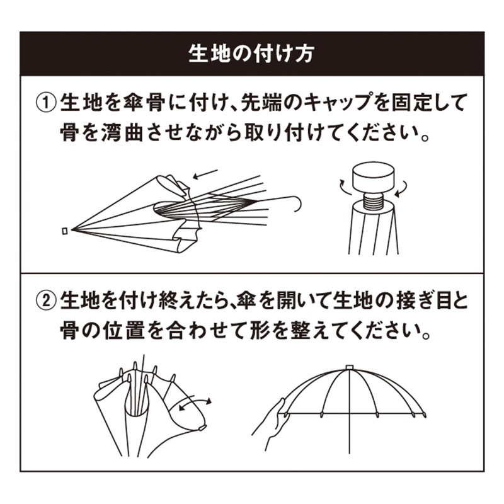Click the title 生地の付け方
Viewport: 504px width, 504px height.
click(251, 54)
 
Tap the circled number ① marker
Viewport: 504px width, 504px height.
click(46, 103)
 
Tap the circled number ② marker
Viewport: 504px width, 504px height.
click(46, 301)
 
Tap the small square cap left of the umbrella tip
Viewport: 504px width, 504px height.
click(65, 231)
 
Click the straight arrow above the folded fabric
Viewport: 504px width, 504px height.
click(205, 175)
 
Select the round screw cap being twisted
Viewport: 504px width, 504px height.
click(373, 178)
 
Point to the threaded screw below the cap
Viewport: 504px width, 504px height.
click(373, 202)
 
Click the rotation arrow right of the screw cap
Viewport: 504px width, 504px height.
click(403, 189)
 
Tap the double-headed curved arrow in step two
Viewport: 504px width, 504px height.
click(195, 403)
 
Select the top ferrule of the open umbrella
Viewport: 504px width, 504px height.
click(350, 367)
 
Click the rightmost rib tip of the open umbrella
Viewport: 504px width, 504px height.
click(425, 415)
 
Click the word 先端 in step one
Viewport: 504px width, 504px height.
click(261, 103)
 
